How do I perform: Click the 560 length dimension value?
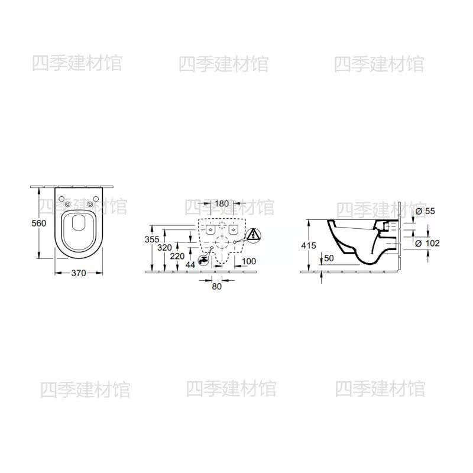[39, 223]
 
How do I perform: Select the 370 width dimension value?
[79, 273]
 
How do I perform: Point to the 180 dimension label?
[222, 203]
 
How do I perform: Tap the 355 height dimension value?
[152, 239]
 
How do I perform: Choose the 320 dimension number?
[165, 248]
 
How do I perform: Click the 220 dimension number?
[177, 256]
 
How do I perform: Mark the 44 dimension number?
[190, 265]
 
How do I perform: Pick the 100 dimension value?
[248, 261]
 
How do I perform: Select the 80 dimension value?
[216, 286]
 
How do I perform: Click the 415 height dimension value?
[309, 245]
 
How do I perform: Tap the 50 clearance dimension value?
[329, 258]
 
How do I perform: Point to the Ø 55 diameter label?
[425, 211]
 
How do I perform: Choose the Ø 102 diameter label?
[427, 243]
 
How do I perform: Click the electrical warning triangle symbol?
[254, 235]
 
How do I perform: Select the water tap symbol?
[203, 260]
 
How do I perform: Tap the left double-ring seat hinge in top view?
[69, 205]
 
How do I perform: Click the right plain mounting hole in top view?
[96, 199]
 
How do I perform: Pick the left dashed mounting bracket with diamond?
[210, 229]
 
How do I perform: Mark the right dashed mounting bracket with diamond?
[233, 229]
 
